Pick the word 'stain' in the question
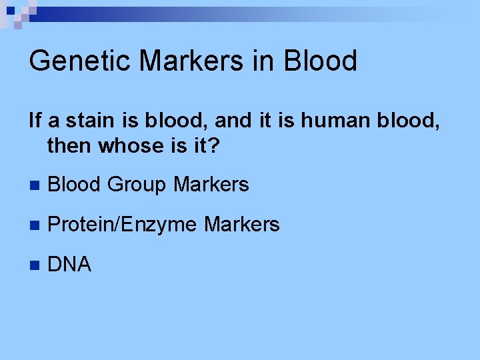click(84, 121)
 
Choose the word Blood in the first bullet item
click(75, 185)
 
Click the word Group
click(137, 185)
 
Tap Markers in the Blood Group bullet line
click(211, 185)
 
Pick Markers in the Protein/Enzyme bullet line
click(242, 225)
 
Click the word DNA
click(69, 265)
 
